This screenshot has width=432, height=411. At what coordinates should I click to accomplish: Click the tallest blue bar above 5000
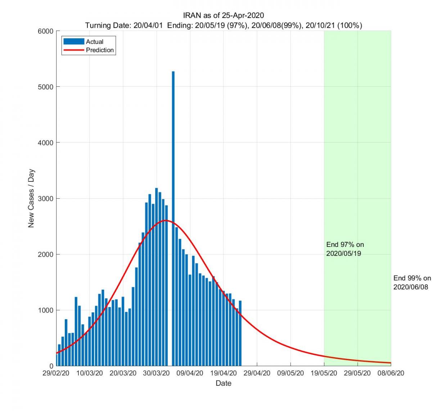[x=173, y=216]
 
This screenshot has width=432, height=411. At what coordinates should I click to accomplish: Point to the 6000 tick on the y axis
[x=46, y=31]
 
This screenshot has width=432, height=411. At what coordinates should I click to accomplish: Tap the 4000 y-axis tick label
[x=46, y=143]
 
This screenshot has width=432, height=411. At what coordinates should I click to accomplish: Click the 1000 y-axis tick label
[x=46, y=310]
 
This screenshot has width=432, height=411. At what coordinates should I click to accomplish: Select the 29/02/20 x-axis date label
[x=56, y=373]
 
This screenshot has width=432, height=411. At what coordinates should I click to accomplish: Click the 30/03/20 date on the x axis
[x=156, y=373]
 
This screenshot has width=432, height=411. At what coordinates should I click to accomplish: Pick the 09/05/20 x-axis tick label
[x=290, y=373]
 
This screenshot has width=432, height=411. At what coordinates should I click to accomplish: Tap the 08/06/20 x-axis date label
[x=391, y=373]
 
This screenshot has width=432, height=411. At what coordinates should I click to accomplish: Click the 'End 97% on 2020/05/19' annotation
[x=345, y=249]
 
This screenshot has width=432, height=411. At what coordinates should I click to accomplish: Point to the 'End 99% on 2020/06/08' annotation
[x=411, y=283]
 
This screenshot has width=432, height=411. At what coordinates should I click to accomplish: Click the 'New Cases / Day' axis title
[x=31, y=198]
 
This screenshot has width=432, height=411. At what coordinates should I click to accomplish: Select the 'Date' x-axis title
[x=223, y=383]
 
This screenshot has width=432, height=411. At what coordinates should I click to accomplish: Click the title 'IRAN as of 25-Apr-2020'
[x=223, y=15]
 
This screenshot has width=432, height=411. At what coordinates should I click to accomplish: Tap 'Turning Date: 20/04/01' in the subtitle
[x=124, y=26]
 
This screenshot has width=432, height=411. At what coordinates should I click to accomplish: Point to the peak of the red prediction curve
[x=165, y=220]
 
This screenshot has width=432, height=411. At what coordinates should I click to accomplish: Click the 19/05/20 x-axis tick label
[x=324, y=373]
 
